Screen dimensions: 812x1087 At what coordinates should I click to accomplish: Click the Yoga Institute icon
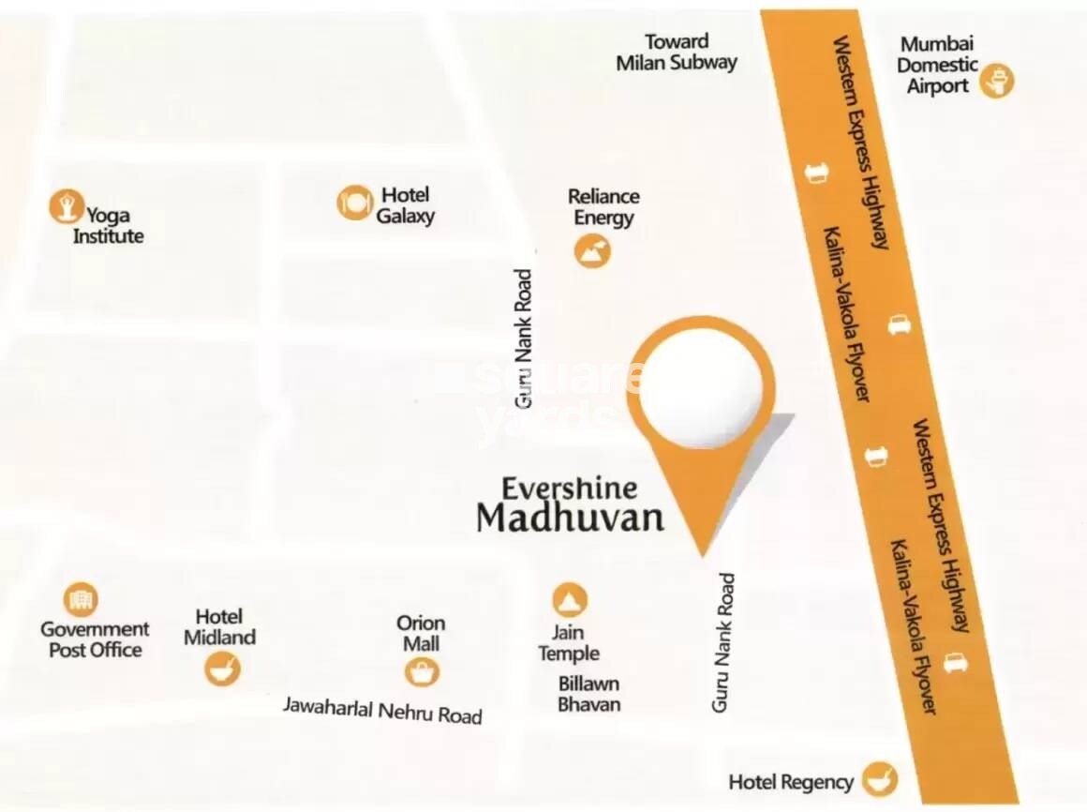pos(66,204)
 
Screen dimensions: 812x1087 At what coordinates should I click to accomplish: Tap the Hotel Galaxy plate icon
pos(354,202)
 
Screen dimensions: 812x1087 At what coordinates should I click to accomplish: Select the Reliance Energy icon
pos(592,250)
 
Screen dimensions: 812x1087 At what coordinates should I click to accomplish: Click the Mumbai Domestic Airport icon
pos(997,82)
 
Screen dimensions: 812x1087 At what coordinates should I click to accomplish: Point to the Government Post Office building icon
pos(81,598)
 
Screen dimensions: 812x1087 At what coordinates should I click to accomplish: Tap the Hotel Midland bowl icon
pos(223,669)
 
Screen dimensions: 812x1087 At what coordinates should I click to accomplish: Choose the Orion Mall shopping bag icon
pos(422,671)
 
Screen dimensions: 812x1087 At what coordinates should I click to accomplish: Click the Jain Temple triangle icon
pos(569,599)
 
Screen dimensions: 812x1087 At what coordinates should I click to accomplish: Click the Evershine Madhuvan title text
pos(570,504)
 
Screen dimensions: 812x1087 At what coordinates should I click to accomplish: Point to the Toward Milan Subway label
pos(677,53)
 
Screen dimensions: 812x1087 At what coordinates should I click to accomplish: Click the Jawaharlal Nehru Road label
pos(382,710)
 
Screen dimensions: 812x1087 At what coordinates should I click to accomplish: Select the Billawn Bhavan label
pos(588,694)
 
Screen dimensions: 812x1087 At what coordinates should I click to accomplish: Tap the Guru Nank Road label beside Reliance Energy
pos(524,338)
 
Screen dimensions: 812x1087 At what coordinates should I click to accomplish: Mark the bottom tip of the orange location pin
pos(702,555)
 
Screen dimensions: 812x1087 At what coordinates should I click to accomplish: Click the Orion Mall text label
pos(421,633)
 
